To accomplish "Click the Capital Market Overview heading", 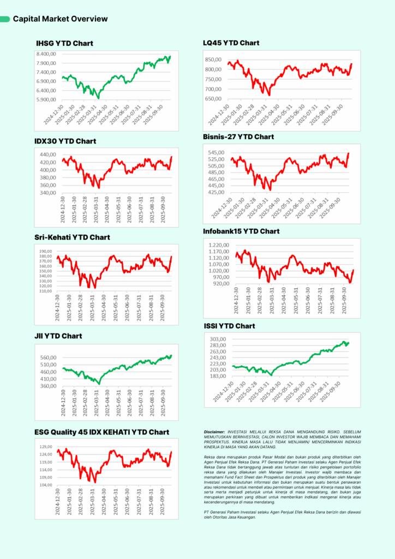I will point(60,19).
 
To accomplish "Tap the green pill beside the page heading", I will point(5,19).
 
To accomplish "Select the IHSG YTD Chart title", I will point(64,43).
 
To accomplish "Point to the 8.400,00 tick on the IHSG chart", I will point(46,54).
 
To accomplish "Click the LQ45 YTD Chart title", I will point(231,43).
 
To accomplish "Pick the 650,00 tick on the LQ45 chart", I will point(213,99).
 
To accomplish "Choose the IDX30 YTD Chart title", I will point(65,141).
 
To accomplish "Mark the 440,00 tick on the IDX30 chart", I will point(49,154).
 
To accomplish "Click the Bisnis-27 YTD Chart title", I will point(238,136).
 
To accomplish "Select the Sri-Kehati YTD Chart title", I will point(72,237).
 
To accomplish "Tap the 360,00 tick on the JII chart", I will point(49,386).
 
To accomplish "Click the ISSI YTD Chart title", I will point(229,326).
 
